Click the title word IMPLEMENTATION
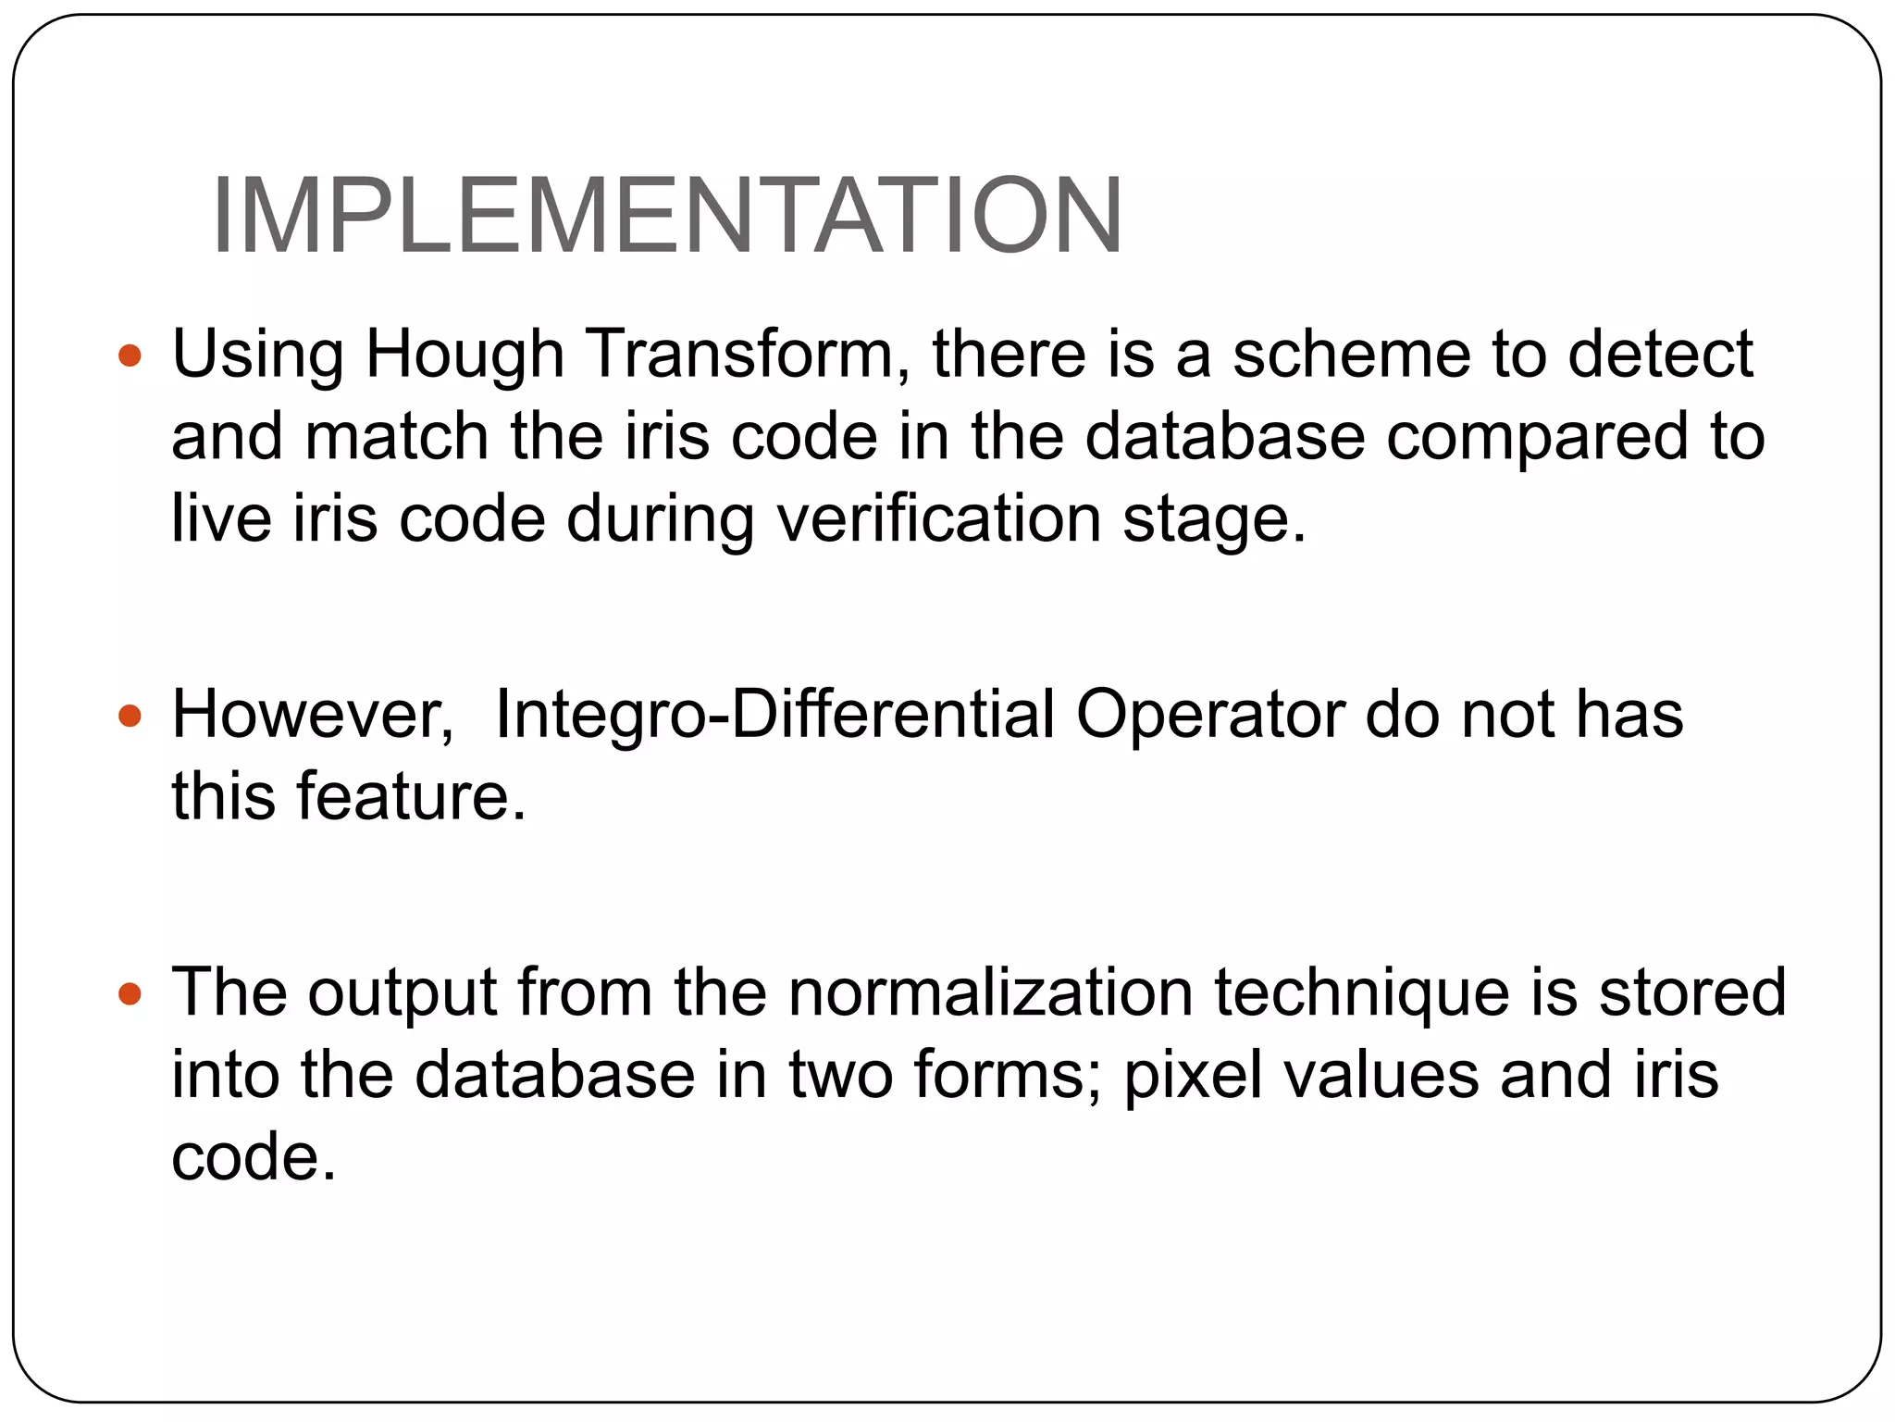666,216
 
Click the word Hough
464,355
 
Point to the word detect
1660,355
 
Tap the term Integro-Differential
774,715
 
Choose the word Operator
1209,715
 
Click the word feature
411,796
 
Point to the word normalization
991,992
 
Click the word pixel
1193,1076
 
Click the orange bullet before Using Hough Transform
130,355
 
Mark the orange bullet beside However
130,716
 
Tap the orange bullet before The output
130,994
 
